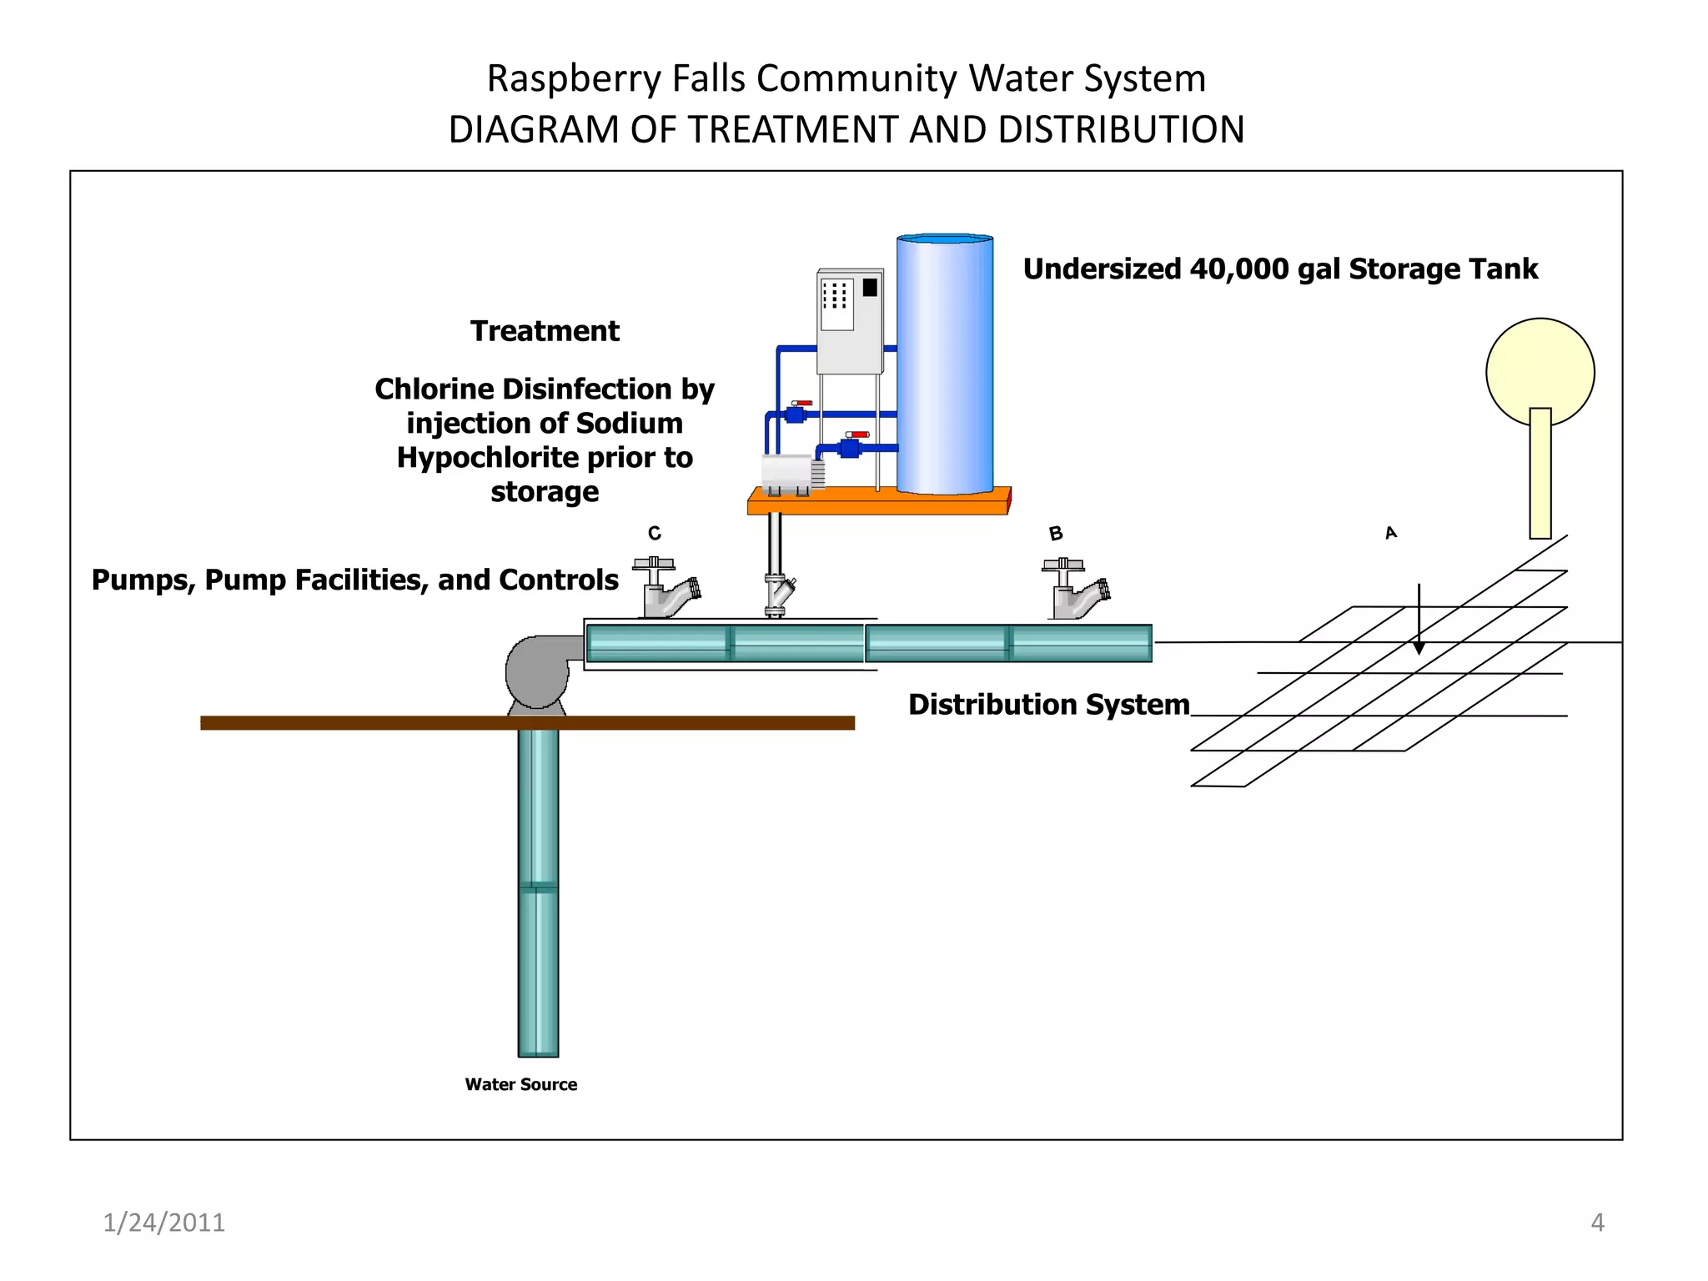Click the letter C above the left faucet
(655, 533)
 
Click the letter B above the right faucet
(1056, 533)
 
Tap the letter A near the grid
(1391, 532)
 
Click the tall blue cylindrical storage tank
(945, 364)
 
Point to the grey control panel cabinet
(849, 322)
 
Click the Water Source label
(521, 1084)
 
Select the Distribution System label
(1048, 705)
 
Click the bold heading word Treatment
(545, 331)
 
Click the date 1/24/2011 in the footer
(163, 1223)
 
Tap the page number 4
(1597, 1223)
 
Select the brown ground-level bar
(527, 723)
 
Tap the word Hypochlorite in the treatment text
(502, 458)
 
